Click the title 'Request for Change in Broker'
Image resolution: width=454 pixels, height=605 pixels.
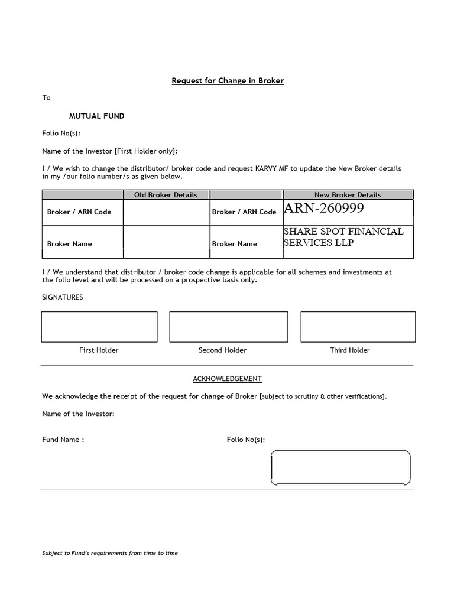click(228, 80)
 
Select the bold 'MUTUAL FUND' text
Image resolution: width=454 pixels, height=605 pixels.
click(96, 116)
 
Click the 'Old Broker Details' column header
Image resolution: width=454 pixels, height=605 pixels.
click(166, 194)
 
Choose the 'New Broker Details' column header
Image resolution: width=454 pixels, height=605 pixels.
click(348, 194)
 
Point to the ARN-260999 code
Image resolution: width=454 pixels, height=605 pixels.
click(324, 209)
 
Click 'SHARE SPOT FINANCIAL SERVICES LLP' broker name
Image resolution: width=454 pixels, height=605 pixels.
click(343, 237)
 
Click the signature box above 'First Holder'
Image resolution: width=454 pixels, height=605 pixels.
click(99, 327)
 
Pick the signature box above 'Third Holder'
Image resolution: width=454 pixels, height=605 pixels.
click(358, 327)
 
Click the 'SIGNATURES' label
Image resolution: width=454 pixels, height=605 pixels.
click(63, 297)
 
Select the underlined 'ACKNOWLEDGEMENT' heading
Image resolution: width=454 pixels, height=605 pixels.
click(228, 378)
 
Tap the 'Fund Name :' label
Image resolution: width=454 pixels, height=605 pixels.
click(63, 440)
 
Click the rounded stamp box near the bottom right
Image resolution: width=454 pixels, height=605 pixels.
click(340, 467)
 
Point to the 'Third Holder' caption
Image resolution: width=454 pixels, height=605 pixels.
click(350, 350)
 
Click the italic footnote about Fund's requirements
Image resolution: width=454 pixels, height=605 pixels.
click(110, 553)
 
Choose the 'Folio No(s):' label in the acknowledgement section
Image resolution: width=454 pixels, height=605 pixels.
click(246, 440)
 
